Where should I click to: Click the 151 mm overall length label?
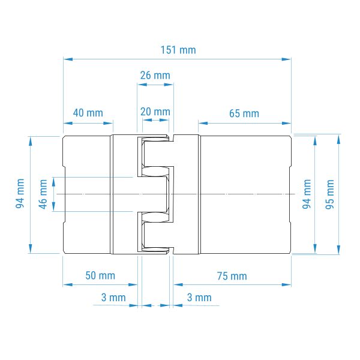pos(178,50)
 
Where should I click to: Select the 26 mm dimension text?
pos(155,76)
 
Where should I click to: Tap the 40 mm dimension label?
pos(88,113)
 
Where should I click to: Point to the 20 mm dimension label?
pos(155,112)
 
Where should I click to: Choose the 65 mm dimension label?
pos(244,113)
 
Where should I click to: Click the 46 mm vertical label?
pos(43,194)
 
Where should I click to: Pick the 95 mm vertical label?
pos(329,194)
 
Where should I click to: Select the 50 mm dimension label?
pos(100,275)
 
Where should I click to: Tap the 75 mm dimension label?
pos(232,276)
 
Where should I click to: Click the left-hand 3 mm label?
pos(113,298)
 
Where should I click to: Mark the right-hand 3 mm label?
pos(199,298)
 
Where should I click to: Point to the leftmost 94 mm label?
pos(20,194)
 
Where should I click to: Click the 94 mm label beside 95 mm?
pos(307,194)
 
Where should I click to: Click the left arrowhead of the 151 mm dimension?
pos(68,59)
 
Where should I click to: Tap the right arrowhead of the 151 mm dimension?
pos(286,59)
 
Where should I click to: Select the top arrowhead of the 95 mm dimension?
pos(338,140)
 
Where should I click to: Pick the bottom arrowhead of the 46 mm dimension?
pos(53,206)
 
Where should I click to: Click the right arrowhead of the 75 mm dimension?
pos(286,284)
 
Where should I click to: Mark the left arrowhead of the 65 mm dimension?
pos(203,123)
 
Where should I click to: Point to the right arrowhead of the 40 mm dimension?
pos(108,123)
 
